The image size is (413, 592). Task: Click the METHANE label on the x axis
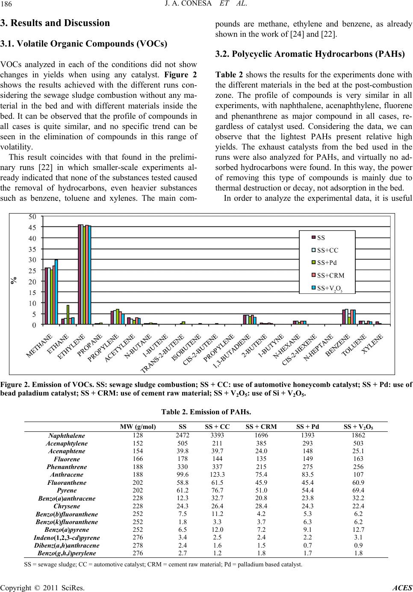coord(40,345)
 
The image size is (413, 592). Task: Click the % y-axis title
coord(15,280)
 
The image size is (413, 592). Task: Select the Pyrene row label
coord(66,491)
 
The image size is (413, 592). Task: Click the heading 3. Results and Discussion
coord(55,23)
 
